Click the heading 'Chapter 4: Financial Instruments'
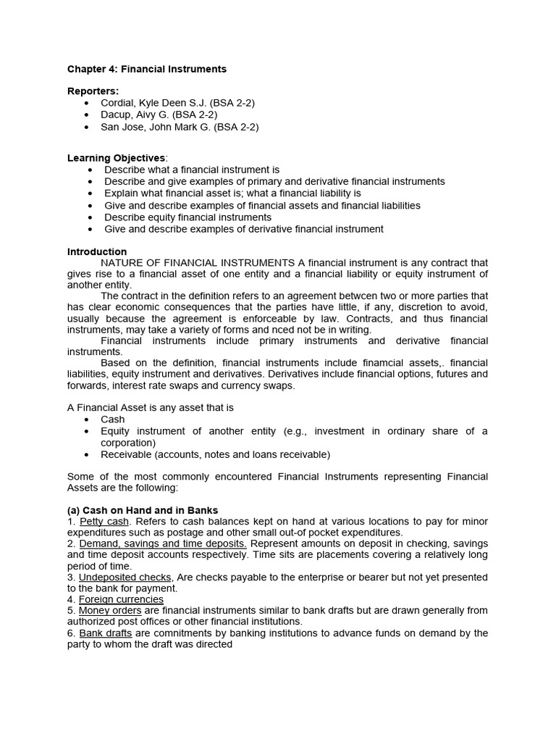coord(146,69)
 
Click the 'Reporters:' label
coord(93,91)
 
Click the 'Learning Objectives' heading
coord(116,158)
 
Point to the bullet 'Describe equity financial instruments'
coord(188,217)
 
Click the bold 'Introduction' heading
coord(97,251)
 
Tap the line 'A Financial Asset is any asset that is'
coord(150,407)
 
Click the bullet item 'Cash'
coord(113,420)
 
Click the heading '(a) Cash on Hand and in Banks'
coord(143,510)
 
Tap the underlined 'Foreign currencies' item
coord(121,599)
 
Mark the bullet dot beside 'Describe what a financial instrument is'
coord(89,170)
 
